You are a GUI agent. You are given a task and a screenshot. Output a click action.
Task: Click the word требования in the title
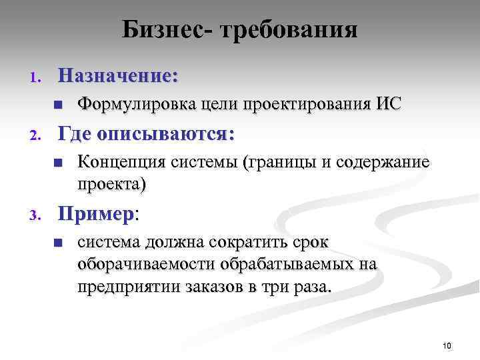click(x=286, y=30)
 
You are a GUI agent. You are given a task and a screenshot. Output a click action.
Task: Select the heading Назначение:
click(x=118, y=75)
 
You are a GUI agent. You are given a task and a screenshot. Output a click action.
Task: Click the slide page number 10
click(x=447, y=345)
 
